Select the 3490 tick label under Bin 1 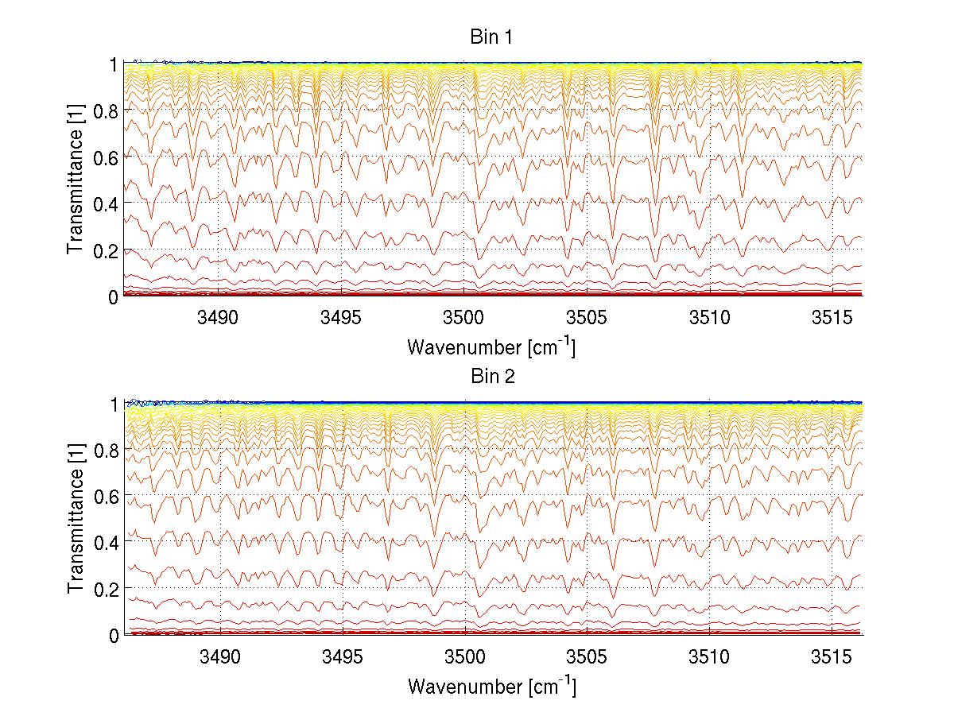point(219,318)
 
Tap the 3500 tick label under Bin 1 point(463,318)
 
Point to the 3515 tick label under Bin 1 point(831,318)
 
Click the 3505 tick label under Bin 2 point(586,656)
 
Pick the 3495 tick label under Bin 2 point(342,656)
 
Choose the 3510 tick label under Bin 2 point(708,656)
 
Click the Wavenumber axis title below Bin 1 point(491,346)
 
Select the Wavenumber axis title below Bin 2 point(491,685)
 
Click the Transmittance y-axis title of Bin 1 point(76,180)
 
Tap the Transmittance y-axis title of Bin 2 point(76,519)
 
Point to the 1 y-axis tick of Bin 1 point(114,64)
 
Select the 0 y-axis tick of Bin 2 point(114,635)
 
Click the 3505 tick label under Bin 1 point(586,318)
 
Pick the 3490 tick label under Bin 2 point(219,656)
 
